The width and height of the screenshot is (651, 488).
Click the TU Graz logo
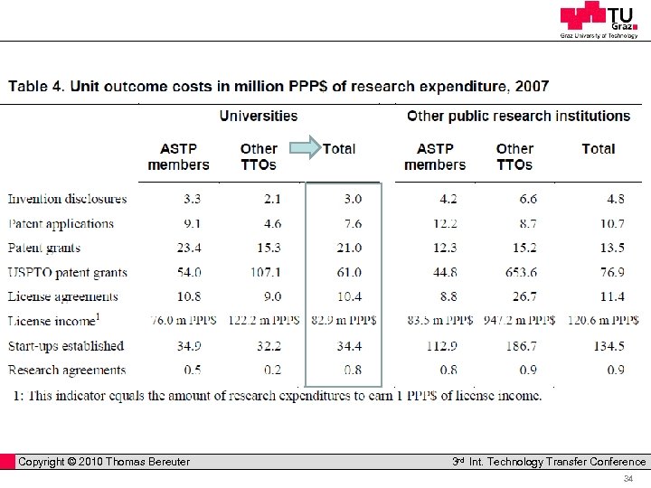(599, 20)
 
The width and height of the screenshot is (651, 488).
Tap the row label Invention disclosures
(68, 199)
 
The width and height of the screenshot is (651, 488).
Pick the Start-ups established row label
(66, 346)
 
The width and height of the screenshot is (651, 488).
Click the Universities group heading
(259, 116)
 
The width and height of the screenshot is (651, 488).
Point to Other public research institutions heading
(518, 116)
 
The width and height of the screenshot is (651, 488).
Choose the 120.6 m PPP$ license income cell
(602, 321)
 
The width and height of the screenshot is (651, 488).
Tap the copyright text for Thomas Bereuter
(104, 462)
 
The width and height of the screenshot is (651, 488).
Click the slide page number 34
(628, 479)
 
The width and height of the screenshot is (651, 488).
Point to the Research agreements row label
(67, 371)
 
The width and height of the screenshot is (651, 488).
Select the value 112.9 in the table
(439, 346)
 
